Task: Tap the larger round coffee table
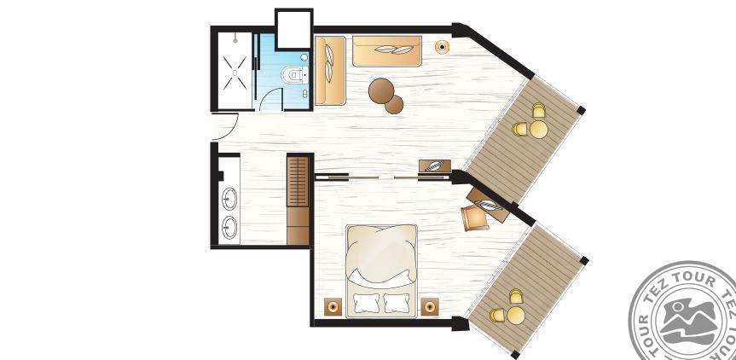coord(380,90)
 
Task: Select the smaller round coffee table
coord(394,104)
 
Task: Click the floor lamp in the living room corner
coord(442,47)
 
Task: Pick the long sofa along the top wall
coord(387,51)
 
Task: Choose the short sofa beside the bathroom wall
coord(330,71)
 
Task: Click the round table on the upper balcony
coord(538,130)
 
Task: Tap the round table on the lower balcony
coord(515,316)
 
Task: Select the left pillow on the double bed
coord(366,303)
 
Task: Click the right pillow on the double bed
coord(397,303)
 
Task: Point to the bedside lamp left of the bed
coord(333,307)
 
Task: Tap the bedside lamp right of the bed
coord(430,307)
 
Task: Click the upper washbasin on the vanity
coord(229,199)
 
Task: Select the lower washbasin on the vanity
coord(229,228)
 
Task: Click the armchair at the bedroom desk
coord(474,218)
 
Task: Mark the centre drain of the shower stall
coord(235,73)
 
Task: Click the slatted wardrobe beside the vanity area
coord(298,182)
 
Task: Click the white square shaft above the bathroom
coord(294,29)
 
